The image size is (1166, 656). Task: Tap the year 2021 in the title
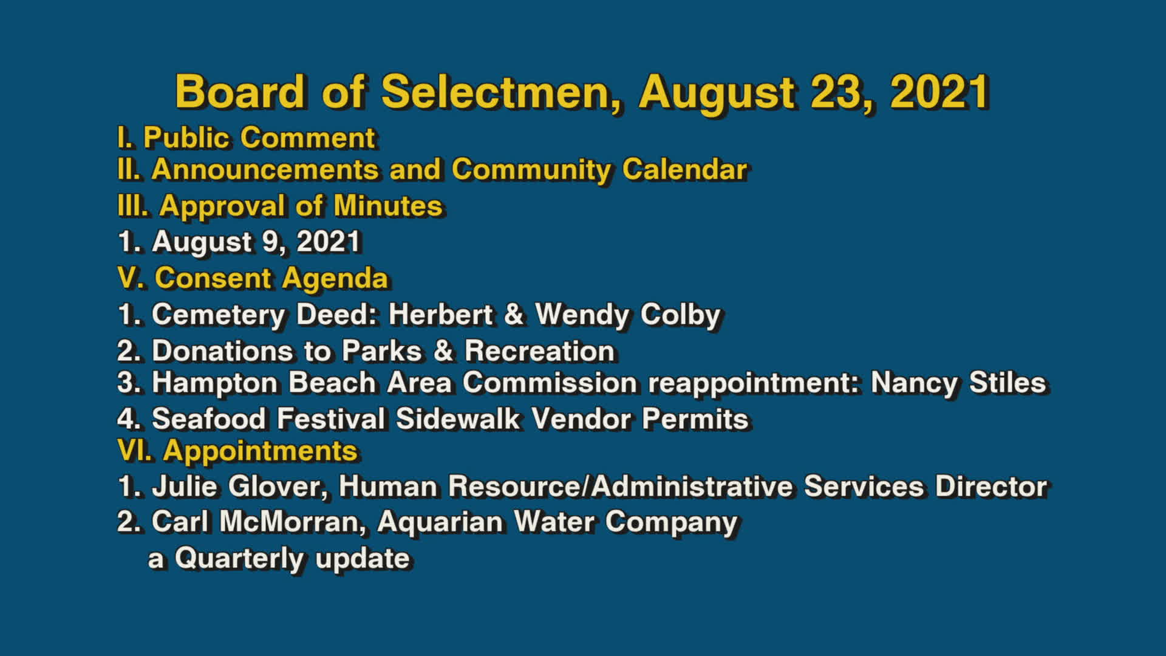point(940,92)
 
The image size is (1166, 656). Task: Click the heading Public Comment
point(259,137)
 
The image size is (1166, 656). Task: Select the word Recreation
point(540,351)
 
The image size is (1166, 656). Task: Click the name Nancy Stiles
point(958,383)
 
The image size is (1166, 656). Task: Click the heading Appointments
point(260,451)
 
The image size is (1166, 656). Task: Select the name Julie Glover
point(236,487)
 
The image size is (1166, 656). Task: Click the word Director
point(991,487)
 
